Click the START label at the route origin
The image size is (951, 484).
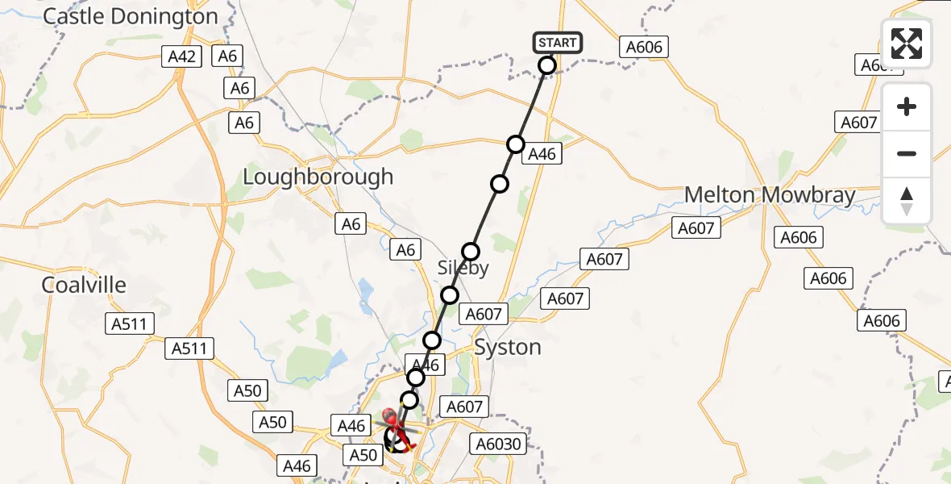pyautogui.click(x=557, y=43)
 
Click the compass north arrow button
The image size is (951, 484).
pyautogui.click(x=907, y=201)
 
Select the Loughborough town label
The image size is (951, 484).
pyautogui.click(x=318, y=177)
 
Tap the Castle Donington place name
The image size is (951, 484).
pyautogui.click(x=131, y=16)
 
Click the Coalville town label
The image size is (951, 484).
pyautogui.click(x=85, y=285)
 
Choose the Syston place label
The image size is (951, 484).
pyautogui.click(x=508, y=348)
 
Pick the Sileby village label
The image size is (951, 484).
pyautogui.click(x=463, y=269)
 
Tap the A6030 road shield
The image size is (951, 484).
pyautogui.click(x=499, y=444)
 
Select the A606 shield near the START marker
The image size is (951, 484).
pyautogui.click(x=645, y=47)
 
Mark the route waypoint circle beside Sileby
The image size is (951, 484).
pyautogui.click(x=471, y=251)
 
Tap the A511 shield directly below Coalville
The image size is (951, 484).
pyautogui.click(x=129, y=323)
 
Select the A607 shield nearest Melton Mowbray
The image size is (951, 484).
pyautogui.click(x=696, y=228)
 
